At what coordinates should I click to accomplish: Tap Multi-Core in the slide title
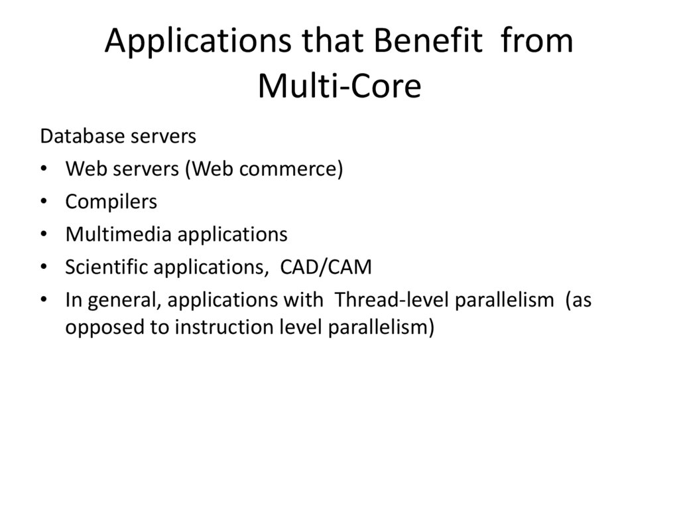click(x=339, y=86)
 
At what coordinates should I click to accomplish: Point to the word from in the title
click(x=538, y=42)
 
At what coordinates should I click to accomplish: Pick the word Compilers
click(x=111, y=202)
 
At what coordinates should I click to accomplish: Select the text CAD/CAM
click(x=326, y=267)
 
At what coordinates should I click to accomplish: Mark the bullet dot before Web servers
click(x=44, y=170)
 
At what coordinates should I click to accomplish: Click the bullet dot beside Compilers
click(x=44, y=202)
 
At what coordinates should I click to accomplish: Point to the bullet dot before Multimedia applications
click(x=44, y=235)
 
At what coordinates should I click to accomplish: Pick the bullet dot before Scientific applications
click(x=44, y=267)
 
